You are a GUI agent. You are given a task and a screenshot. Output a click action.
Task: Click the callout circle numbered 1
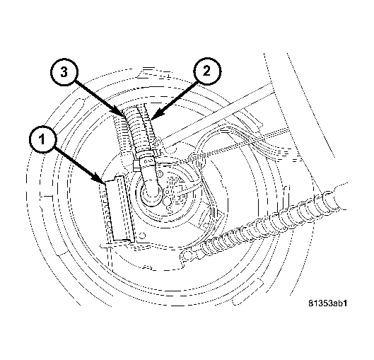click(42, 139)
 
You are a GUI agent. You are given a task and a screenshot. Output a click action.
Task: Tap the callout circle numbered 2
click(207, 71)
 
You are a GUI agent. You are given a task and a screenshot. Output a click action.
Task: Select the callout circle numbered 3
click(64, 71)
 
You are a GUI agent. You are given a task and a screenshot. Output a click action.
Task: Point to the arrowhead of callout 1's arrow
click(102, 180)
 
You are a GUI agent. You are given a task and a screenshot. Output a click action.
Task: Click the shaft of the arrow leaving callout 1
click(76, 163)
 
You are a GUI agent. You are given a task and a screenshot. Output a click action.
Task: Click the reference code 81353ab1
click(328, 303)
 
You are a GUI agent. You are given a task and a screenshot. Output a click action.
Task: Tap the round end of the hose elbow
click(151, 192)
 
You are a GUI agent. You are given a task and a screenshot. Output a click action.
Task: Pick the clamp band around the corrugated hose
click(147, 159)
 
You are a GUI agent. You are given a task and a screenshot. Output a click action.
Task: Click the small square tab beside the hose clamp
click(136, 166)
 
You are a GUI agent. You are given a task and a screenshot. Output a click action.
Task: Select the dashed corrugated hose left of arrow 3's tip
click(121, 134)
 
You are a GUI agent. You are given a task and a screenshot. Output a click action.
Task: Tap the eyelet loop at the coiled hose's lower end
click(187, 256)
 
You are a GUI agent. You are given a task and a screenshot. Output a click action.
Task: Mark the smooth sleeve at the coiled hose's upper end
click(340, 197)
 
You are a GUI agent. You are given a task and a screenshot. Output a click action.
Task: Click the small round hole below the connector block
click(142, 236)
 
